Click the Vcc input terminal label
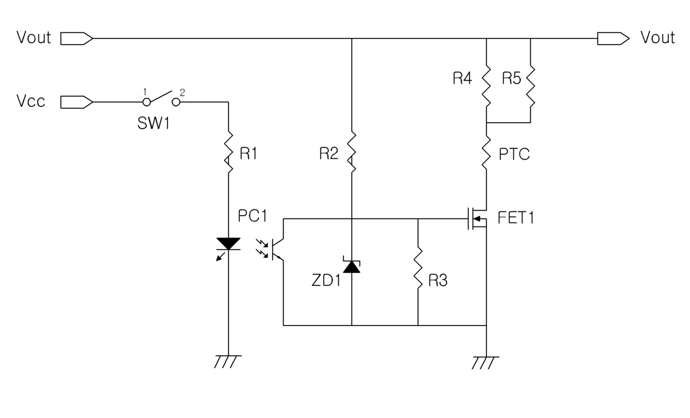point(31,101)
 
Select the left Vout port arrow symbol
point(77,38)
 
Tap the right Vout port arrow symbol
point(613,38)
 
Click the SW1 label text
point(154,123)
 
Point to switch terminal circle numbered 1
point(147,102)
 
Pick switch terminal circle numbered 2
point(176,102)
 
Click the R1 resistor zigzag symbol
point(229,152)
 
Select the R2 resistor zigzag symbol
point(352,152)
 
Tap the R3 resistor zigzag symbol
point(418,268)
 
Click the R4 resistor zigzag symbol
point(486,86)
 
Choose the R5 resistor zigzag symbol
point(530,86)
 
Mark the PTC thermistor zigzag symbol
point(486,152)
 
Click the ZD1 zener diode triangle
point(352,266)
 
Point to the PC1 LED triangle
point(228,244)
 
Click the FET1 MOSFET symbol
point(477,218)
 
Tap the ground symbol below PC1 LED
point(228,362)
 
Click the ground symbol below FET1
point(485,363)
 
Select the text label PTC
point(514,154)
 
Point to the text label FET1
point(516,218)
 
